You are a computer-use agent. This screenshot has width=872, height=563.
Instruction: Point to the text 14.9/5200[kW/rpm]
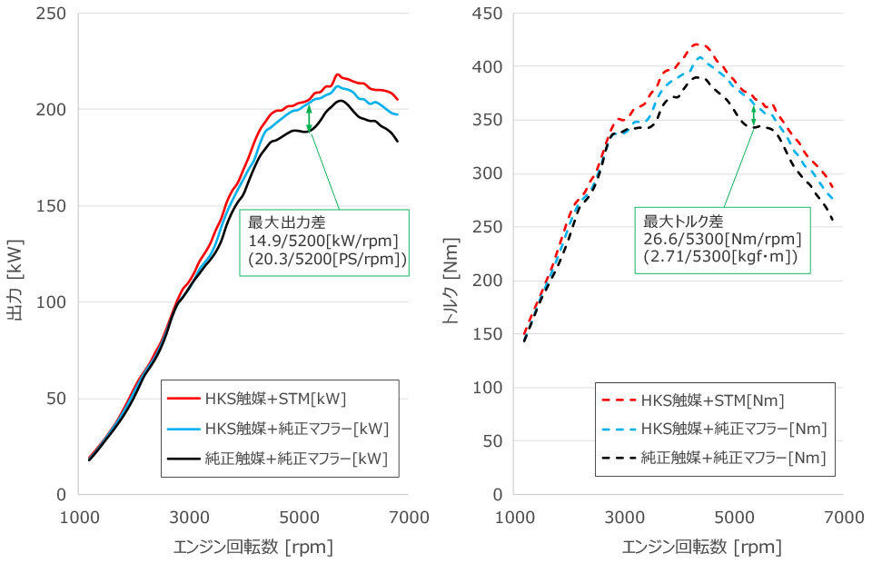pyautogui.click(x=323, y=241)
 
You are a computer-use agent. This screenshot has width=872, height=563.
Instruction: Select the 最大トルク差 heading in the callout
pyautogui.click(x=680, y=221)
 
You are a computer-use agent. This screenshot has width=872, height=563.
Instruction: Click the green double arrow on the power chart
pyautogui.click(x=309, y=119)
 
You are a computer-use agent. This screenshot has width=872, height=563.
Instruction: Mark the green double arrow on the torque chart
pyautogui.click(x=753, y=114)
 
